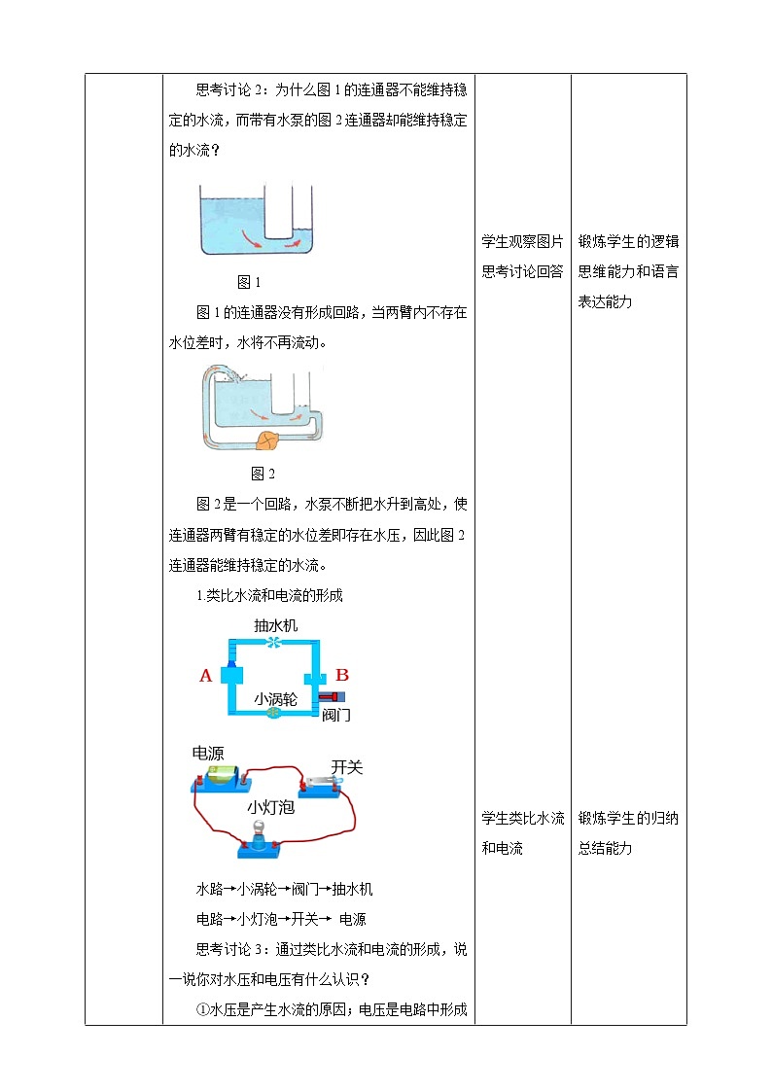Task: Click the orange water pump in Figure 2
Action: (266, 441)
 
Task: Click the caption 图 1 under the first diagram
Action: (250, 282)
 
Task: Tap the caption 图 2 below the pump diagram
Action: (263, 474)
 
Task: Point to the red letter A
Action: (205, 676)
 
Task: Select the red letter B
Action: (342, 675)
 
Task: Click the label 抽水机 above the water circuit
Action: (276, 625)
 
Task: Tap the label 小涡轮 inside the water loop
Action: (276, 698)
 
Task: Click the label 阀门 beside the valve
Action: (335, 715)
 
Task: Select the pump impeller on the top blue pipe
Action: (275, 643)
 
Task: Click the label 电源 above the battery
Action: (208, 753)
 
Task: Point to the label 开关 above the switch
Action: (346, 767)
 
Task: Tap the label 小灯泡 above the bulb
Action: (270, 806)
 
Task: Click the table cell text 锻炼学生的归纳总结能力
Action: (628, 832)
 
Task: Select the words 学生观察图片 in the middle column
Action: (522, 242)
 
